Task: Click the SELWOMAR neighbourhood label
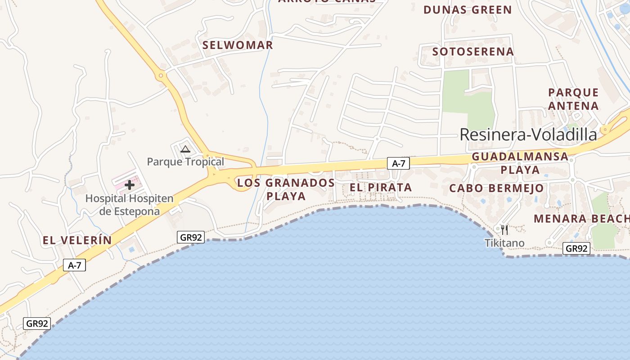click(x=238, y=45)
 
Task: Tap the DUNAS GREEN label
click(x=468, y=9)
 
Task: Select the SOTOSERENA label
click(x=473, y=51)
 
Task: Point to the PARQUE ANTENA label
click(x=573, y=99)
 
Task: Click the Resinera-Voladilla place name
click(x=528, y=134)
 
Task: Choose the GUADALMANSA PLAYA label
click(x=520, y=163)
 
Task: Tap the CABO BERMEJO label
click(x=496, y=188)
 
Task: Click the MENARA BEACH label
click(x=581, y=219)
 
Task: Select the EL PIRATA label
click(x=381, y=187)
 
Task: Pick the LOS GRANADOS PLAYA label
click(x=286, y=189)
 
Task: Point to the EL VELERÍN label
click(x=77, y=240)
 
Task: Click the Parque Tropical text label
click(x=185, y=162)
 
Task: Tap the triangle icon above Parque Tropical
click(x=185, y=149)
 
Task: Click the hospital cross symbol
click(x=130, y=184)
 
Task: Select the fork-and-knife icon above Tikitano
click(x=504, y=230)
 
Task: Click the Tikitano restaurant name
click(x=504, y=243)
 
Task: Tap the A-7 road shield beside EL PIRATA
click(x=398, y=163)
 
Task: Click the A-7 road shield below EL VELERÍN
click(x=74, y=265)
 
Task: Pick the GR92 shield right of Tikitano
click(x=576, y=248)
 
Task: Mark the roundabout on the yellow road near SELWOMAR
click(x=161, y=75)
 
